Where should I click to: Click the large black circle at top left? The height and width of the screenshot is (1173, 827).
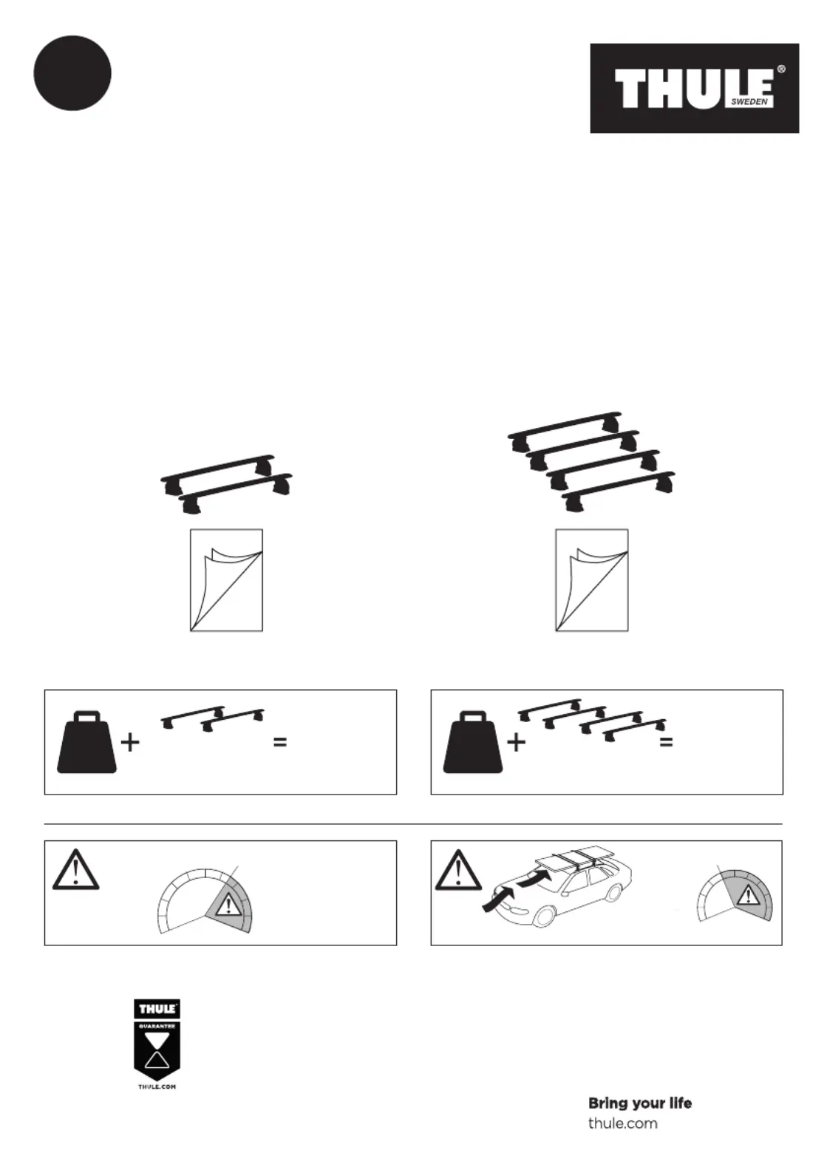[x=72, y=72]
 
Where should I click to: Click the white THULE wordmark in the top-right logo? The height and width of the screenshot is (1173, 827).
[x=695, y=89]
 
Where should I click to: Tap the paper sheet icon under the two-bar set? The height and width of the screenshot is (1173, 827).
[x=226, y=580]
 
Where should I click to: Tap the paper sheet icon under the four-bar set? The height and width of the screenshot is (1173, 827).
[x=592, y=580]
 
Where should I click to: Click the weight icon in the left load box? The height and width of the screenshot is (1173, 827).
[x=86, y=742]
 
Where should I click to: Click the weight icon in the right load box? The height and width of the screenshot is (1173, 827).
[x=473, y=742]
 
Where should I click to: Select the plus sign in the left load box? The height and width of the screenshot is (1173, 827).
[x=130, y=743]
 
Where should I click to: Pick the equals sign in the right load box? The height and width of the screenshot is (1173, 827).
[x=666, y=742]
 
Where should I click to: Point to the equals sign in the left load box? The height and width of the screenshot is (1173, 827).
[x=280, y=742]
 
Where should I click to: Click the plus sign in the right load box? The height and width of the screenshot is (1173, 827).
[x=517, y=743]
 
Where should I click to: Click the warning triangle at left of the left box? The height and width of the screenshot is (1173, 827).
[x=76, y=870]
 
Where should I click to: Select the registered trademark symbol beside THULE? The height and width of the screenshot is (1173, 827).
[x=781, y=69]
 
